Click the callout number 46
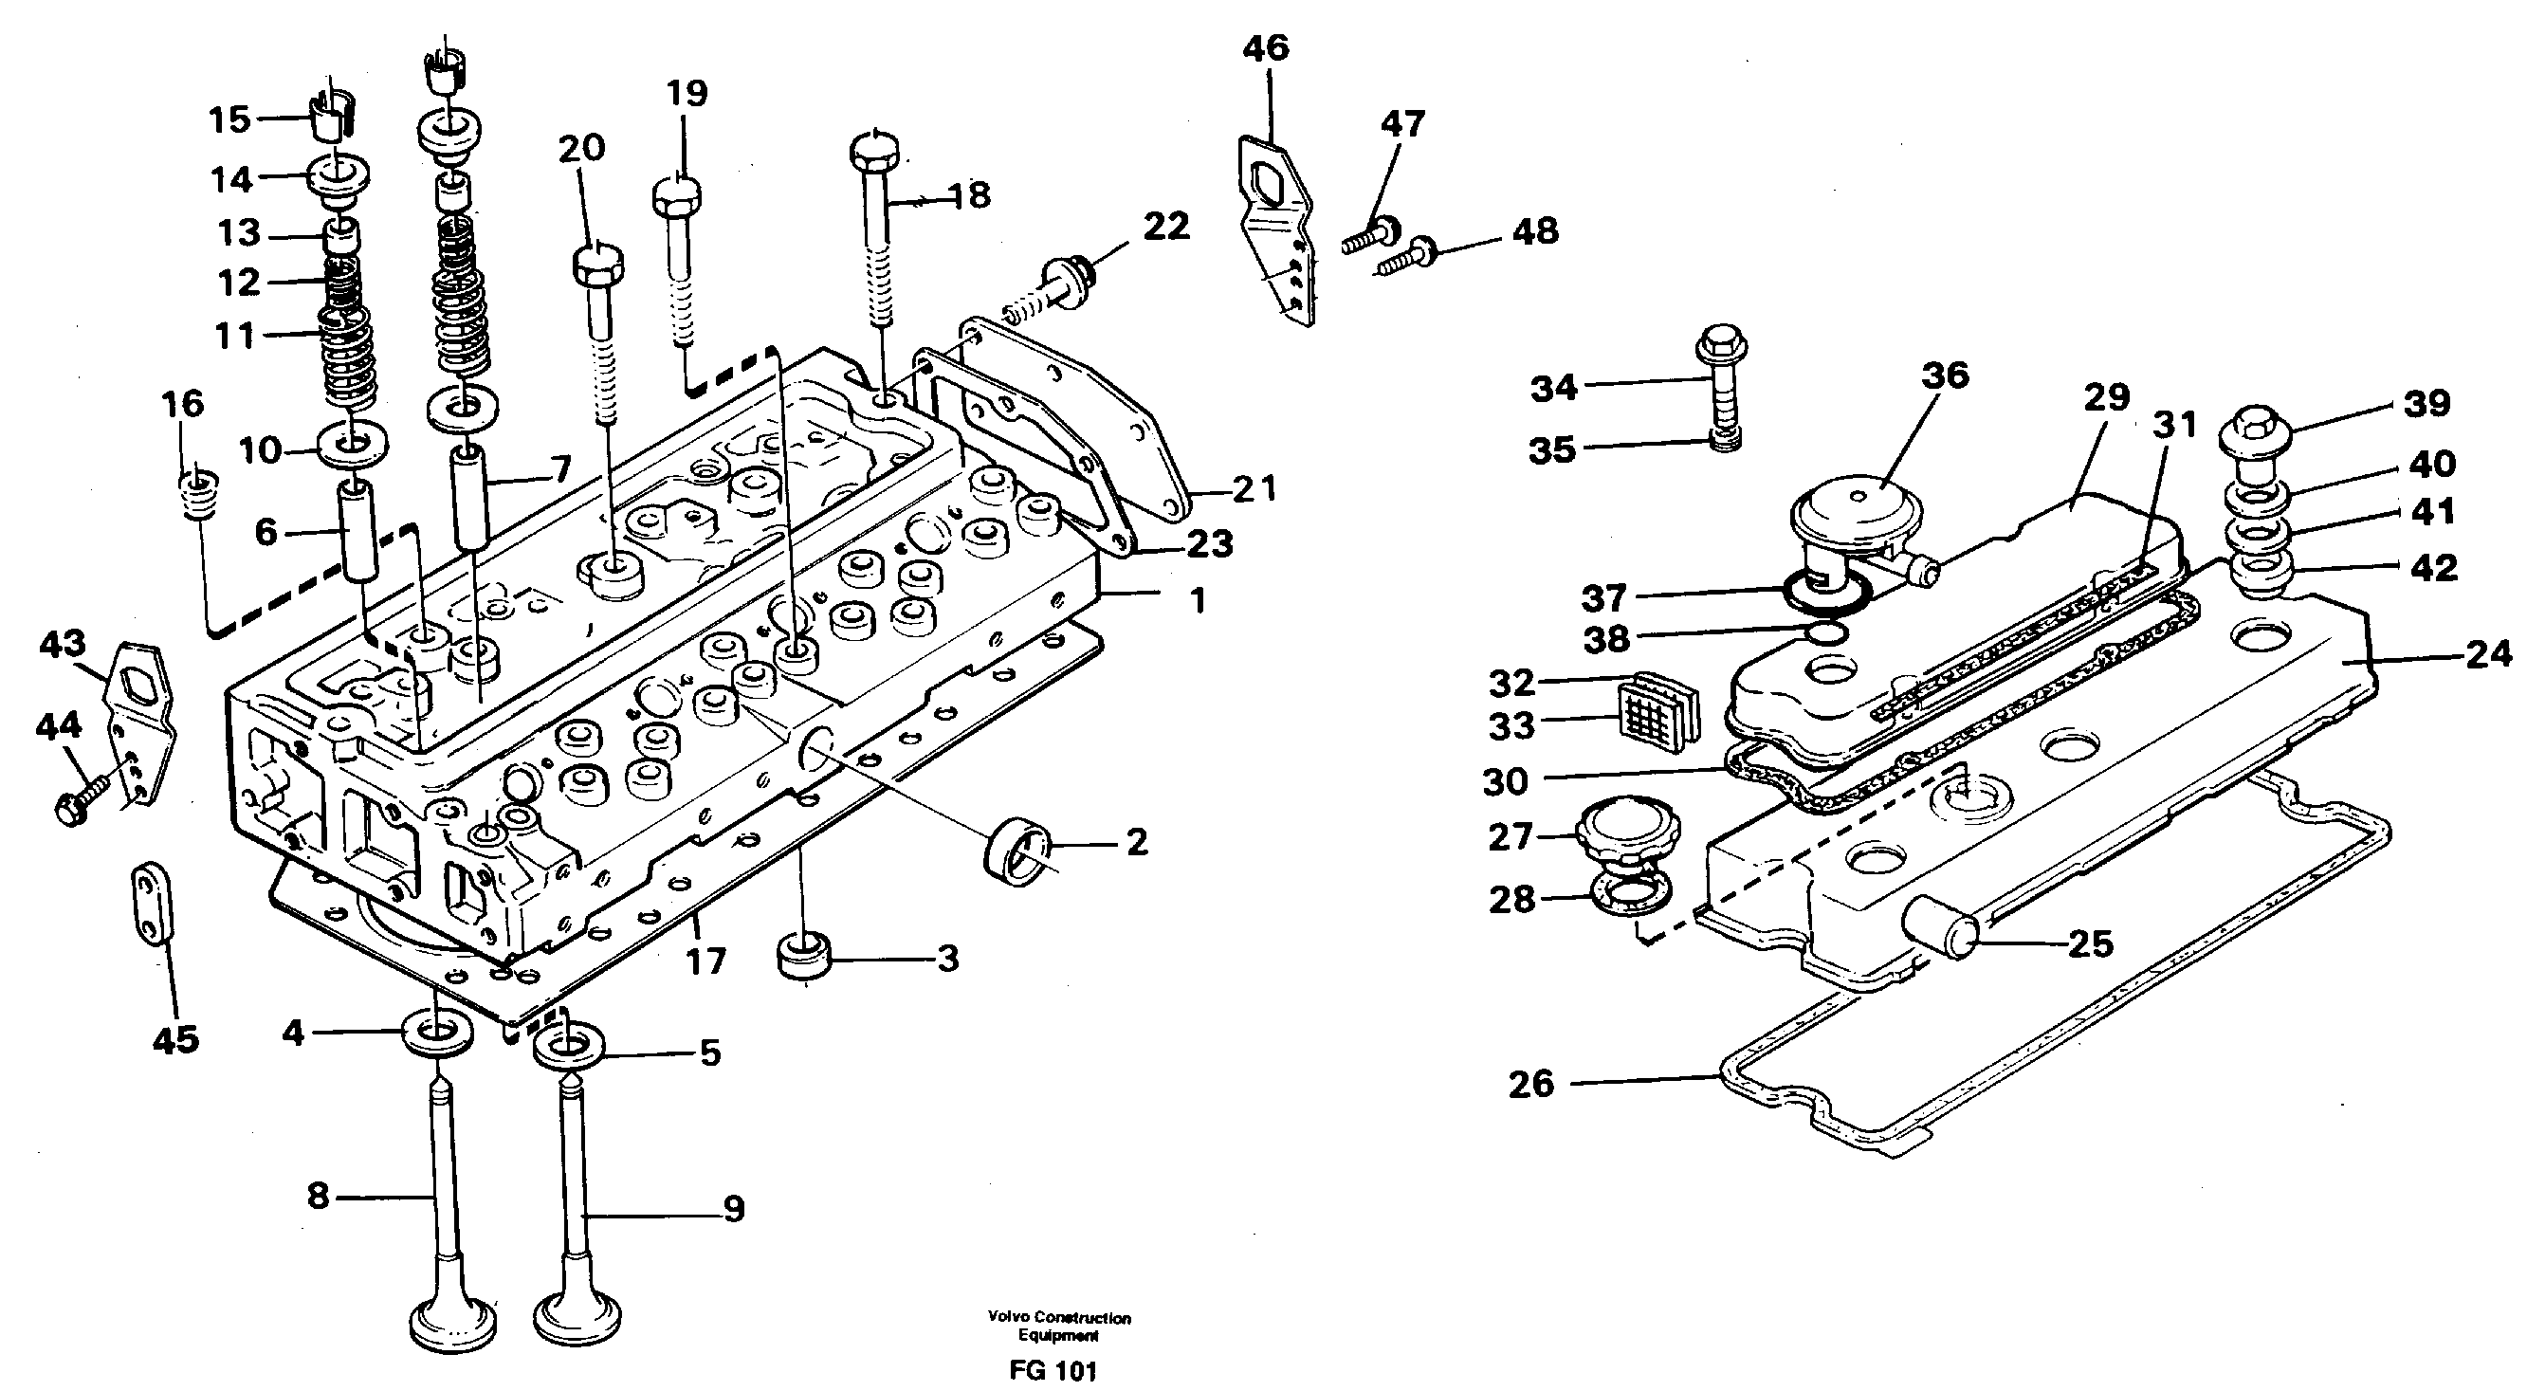click(1265, 49)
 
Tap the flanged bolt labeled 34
click(1715, 393)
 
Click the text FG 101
click(1052, 1370)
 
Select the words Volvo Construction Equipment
click(1058, 1327)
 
